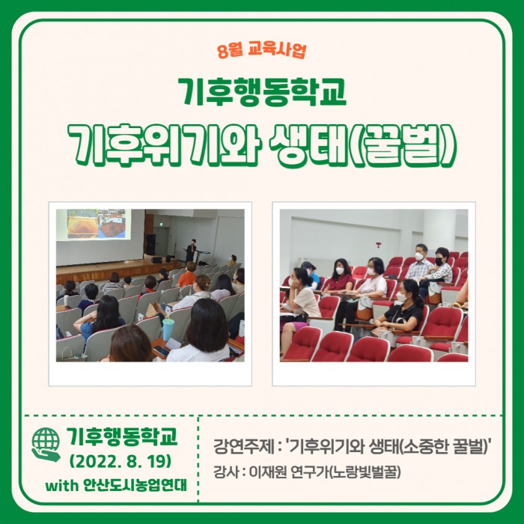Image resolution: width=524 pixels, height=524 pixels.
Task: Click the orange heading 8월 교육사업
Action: point(261,50)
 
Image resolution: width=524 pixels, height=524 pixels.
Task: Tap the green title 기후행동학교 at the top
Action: point(262,92)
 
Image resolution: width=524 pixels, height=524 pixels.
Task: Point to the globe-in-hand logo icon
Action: point(46,445)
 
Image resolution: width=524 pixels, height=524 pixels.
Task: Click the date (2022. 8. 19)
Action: point(121,462)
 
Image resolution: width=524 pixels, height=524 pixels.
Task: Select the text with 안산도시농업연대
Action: point(115,485)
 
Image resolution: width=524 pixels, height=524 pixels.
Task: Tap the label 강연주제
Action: point(243,446)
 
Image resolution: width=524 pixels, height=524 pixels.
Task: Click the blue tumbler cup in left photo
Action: point(168,329)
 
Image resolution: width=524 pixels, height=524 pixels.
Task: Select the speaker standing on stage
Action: point(190,250)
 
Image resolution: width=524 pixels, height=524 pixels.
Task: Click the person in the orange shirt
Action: point(187,275)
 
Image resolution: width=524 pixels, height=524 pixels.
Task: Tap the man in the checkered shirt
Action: point(419,262)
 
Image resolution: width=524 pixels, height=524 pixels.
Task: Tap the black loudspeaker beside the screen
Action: point(150,244)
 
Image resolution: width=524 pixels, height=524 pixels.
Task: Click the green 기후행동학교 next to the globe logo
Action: point(122,436)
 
